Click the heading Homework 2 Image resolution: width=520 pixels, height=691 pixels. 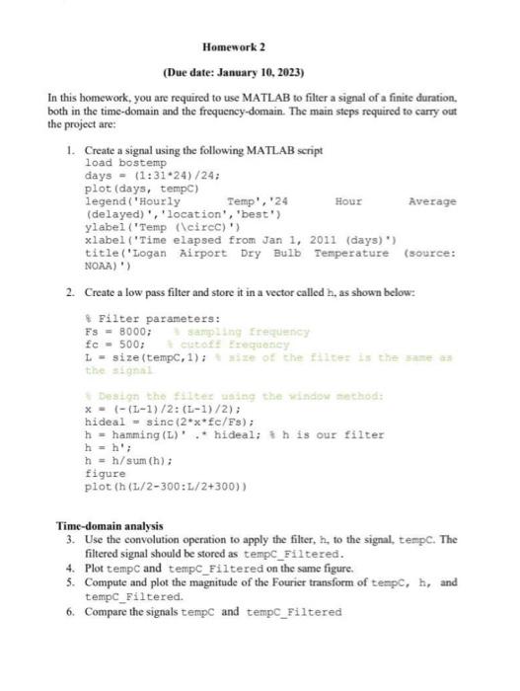click(x=234, y=47)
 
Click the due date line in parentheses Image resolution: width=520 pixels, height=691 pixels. click(x=234, y=73)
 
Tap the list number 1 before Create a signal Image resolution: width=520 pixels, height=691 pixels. click(x=69, y=149)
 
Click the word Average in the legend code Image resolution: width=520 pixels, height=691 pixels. click(x=432, y=200)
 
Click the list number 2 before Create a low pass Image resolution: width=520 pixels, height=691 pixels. click(x=69, y=294)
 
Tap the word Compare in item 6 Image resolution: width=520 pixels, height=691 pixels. click(x=109, y=612)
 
